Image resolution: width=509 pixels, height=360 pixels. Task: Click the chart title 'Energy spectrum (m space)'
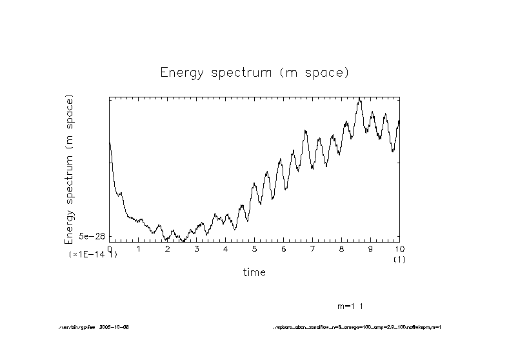coord(254,73)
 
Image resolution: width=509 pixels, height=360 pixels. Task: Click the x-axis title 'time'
coord(254,272)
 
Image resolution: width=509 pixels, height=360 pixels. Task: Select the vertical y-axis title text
coord(69,169)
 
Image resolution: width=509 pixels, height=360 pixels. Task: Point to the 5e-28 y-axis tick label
coord(92,237)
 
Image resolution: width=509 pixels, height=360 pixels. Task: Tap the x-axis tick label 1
coord(139,249)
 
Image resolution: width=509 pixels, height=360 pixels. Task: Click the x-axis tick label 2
coord(168,249)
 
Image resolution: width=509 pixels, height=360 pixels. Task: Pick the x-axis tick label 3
coord(197,249)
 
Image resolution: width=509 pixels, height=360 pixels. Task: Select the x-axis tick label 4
coord(226,249)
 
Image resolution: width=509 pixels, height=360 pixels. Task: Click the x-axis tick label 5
coord(255,249)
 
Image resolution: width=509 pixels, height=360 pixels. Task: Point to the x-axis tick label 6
coord(284,249)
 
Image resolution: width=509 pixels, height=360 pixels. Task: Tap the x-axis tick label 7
coord(313,249)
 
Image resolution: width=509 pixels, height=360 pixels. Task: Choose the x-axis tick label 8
coord(342,249)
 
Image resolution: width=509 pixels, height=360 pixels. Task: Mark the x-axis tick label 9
coord(371,249)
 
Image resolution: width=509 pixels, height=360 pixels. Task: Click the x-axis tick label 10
coord(399,249)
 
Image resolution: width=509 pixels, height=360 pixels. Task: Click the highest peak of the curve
coord(360,99)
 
